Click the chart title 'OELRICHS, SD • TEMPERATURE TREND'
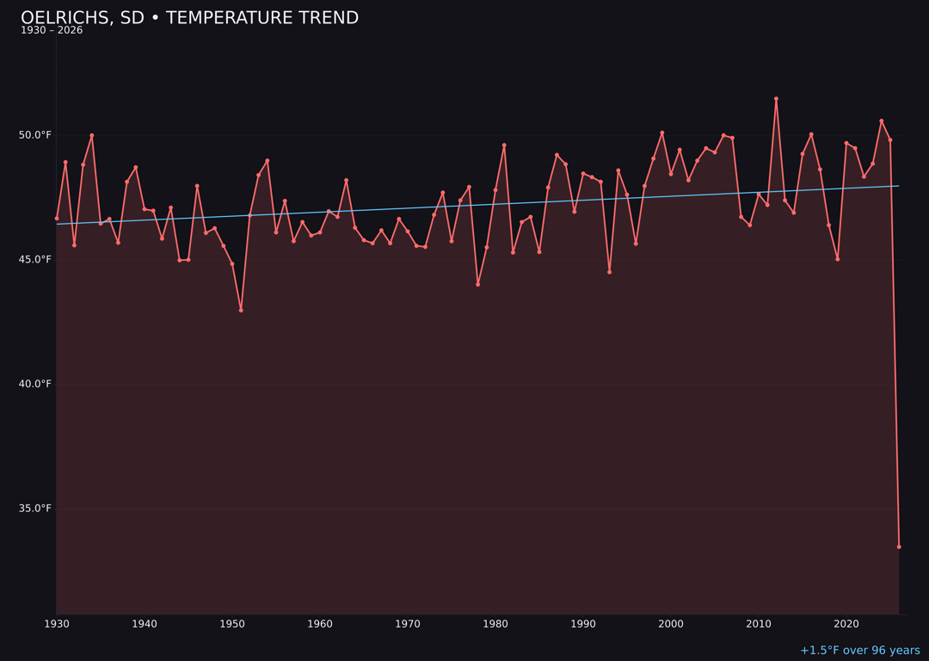tap(189, 18)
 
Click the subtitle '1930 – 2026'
tap(52, 31)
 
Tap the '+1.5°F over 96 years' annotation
tap(859, 651)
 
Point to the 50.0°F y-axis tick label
tap(36, 135)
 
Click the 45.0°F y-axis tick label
tap(36, 259)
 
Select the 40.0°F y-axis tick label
tap(36, 384)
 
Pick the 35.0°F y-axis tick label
tap(36, 508)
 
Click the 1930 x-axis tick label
tap(57, 624)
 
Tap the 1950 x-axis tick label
tap(232, 624)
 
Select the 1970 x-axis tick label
tap(408, 624)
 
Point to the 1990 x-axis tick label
tap(583, 624)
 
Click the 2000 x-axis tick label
tap(671, 624)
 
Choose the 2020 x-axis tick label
tap(846, 624)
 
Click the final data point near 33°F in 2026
tap(899, 547)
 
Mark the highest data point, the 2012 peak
tap(776, 99)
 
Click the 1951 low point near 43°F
tap(241, 310)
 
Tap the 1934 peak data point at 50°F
tap(92, 135)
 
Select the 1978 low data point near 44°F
tap(477, 284)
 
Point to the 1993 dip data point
tap(609, 272)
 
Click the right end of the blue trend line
tap(899, 186)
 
